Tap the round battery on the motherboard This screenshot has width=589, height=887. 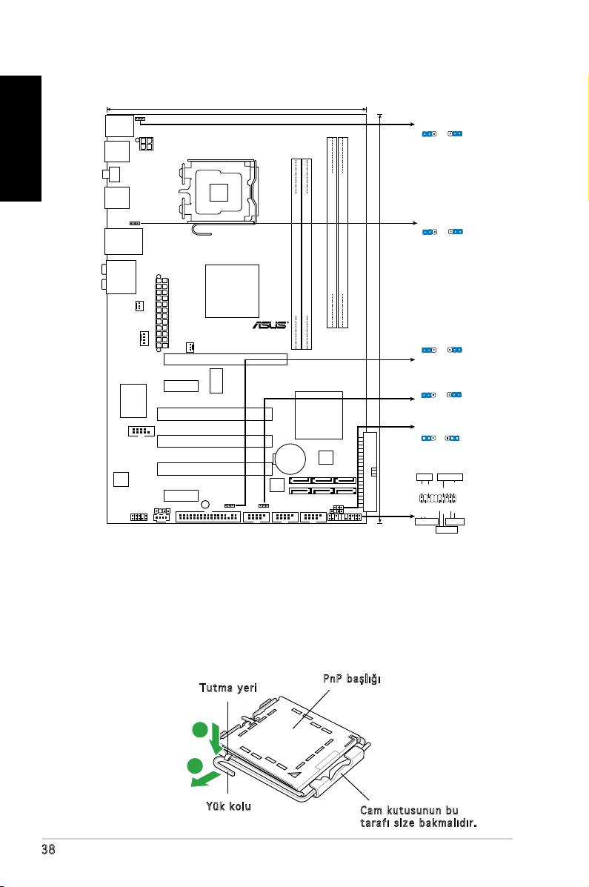tap(290, 457)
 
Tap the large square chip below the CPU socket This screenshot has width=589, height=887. tap(232, 290)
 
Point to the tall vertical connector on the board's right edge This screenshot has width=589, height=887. tap(370, 471)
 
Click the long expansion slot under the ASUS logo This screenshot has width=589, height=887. tap(224, 359)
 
